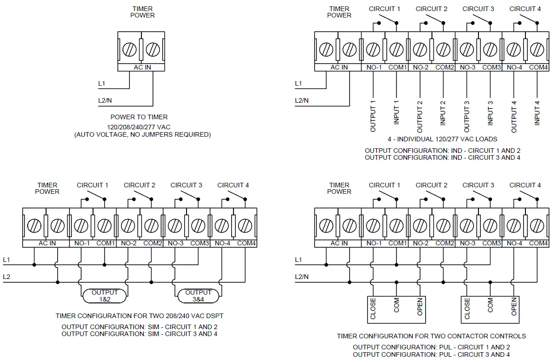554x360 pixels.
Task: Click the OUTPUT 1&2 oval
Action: coord(105,296)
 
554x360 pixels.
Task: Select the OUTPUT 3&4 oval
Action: coord(198,296)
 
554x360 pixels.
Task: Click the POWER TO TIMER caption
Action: coord(139,117)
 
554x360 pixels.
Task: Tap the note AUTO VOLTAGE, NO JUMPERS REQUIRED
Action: coord(142,134)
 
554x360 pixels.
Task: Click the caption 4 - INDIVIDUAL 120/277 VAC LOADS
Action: coord(443,139)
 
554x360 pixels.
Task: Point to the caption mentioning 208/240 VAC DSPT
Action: coord(140,316)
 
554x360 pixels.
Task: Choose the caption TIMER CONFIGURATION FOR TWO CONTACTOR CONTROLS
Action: coord(431,336)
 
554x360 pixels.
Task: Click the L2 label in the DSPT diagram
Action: coord(7,277)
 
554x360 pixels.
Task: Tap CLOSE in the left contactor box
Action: coord(373,308)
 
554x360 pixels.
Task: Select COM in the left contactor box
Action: coord(397,306)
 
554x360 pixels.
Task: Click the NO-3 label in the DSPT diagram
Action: coord(175,243)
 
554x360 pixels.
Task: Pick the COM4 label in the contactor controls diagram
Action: coord(538,243)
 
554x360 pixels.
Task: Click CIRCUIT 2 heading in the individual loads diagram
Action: coord(432,9)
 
